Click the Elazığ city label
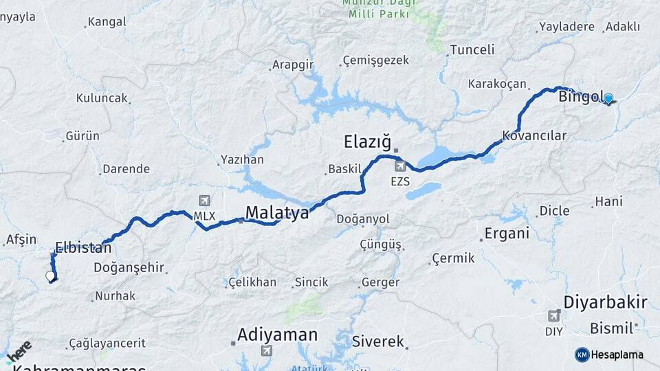click(x=366, y=143)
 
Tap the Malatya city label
click(x=277, y=212)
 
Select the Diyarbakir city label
click(x=605, y=302)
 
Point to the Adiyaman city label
click(x=277, y=335)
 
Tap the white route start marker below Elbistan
click(x=49, y=276)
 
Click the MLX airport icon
click(x=204, y=201)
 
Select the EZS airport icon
click(x=399, y=166)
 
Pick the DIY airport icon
click(x=553, y=316)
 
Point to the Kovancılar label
click(x=534, y=135)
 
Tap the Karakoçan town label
click(x=497, y=84)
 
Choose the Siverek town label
click(x=377, y=341)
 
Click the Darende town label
click(x=125, y=169)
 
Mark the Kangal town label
click(x=107, y=22)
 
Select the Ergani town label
click(x=507, y=234)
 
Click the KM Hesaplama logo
click(x=609, y=355)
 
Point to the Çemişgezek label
click(x=375, y=60)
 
